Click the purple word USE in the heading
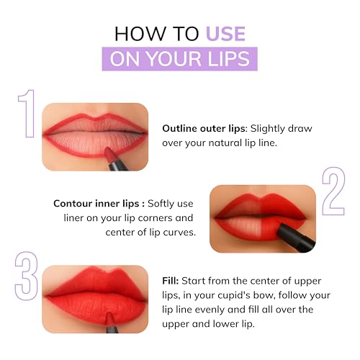225,33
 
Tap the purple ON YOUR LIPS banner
179,58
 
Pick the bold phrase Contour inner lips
98,202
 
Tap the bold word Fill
171,280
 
